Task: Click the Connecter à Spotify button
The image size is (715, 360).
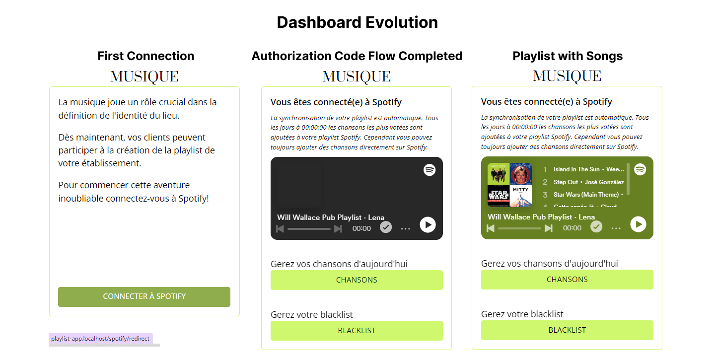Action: (x=144, y=296)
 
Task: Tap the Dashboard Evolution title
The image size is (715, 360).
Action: (x=357, y=22)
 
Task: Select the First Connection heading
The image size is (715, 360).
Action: (x=146, y=56)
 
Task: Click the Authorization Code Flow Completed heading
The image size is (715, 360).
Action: (x=357, y=56)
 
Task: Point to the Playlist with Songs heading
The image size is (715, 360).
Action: (x=568, y=56)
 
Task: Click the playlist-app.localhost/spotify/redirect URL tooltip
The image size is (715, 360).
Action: (x=100, y=339)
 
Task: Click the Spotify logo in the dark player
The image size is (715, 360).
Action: (x=429, y=170)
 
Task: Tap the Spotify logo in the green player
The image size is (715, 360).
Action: (x=640, y=169)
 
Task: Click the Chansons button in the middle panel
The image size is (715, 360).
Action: (x=357, y=280)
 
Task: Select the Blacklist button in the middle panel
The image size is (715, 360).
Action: (x=357, y=331)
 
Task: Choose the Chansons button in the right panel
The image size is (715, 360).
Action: (x=567, y=279)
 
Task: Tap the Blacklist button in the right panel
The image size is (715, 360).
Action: (x=567, y=330)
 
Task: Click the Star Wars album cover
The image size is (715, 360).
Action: (x=499, y=196)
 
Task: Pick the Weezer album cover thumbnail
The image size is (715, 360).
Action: (x=499, y=174)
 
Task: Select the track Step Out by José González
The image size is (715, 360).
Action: (x=588, y=182)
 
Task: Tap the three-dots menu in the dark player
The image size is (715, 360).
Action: (x=405, y=228)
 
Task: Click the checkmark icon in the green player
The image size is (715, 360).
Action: (x=596, y=227)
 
